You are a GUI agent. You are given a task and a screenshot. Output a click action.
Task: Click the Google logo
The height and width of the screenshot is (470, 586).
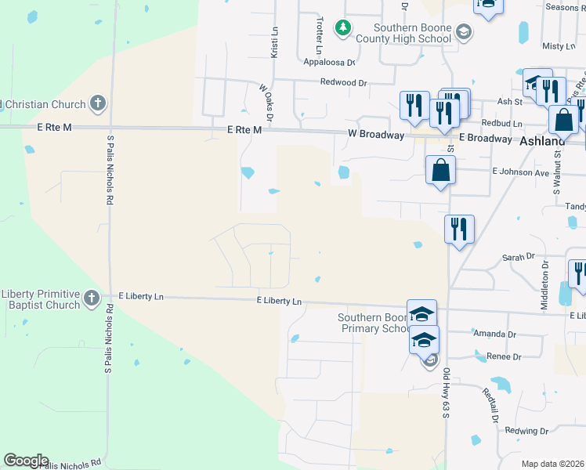(26, 461)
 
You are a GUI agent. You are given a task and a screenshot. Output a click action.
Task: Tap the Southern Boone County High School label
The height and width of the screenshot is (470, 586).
(402, 33)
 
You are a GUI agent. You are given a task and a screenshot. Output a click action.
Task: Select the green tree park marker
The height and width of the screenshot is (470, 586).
(342, 29)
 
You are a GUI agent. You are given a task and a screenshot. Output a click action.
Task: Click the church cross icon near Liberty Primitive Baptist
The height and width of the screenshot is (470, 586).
(92, 298)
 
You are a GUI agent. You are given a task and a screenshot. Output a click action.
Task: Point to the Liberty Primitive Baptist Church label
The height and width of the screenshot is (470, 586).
(41, 299)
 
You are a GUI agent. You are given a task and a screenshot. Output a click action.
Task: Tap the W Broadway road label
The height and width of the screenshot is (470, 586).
(376, 135)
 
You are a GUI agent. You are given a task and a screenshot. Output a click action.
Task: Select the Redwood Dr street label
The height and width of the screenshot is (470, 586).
(343, 82)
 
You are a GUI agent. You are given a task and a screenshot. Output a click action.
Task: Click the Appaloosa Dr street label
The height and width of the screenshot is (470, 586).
(329, 63)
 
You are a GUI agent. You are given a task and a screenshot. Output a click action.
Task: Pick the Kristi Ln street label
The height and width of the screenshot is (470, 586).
(274, 43)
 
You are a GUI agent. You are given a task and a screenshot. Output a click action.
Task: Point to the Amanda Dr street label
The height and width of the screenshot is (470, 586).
(495, 334)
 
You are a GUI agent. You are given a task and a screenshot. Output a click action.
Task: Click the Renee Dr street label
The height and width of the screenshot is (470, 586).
(504, 356)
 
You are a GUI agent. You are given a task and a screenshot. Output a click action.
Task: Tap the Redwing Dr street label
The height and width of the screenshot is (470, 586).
(527, 431)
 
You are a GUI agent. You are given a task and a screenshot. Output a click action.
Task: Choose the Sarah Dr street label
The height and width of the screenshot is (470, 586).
(518, 256)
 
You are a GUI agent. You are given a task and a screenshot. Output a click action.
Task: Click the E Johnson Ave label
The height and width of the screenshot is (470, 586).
(520, 172)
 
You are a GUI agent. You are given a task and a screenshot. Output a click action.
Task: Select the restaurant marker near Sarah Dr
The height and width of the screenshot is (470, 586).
(458, 229)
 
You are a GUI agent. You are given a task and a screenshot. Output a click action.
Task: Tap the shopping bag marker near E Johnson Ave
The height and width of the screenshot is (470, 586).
(440, 170)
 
